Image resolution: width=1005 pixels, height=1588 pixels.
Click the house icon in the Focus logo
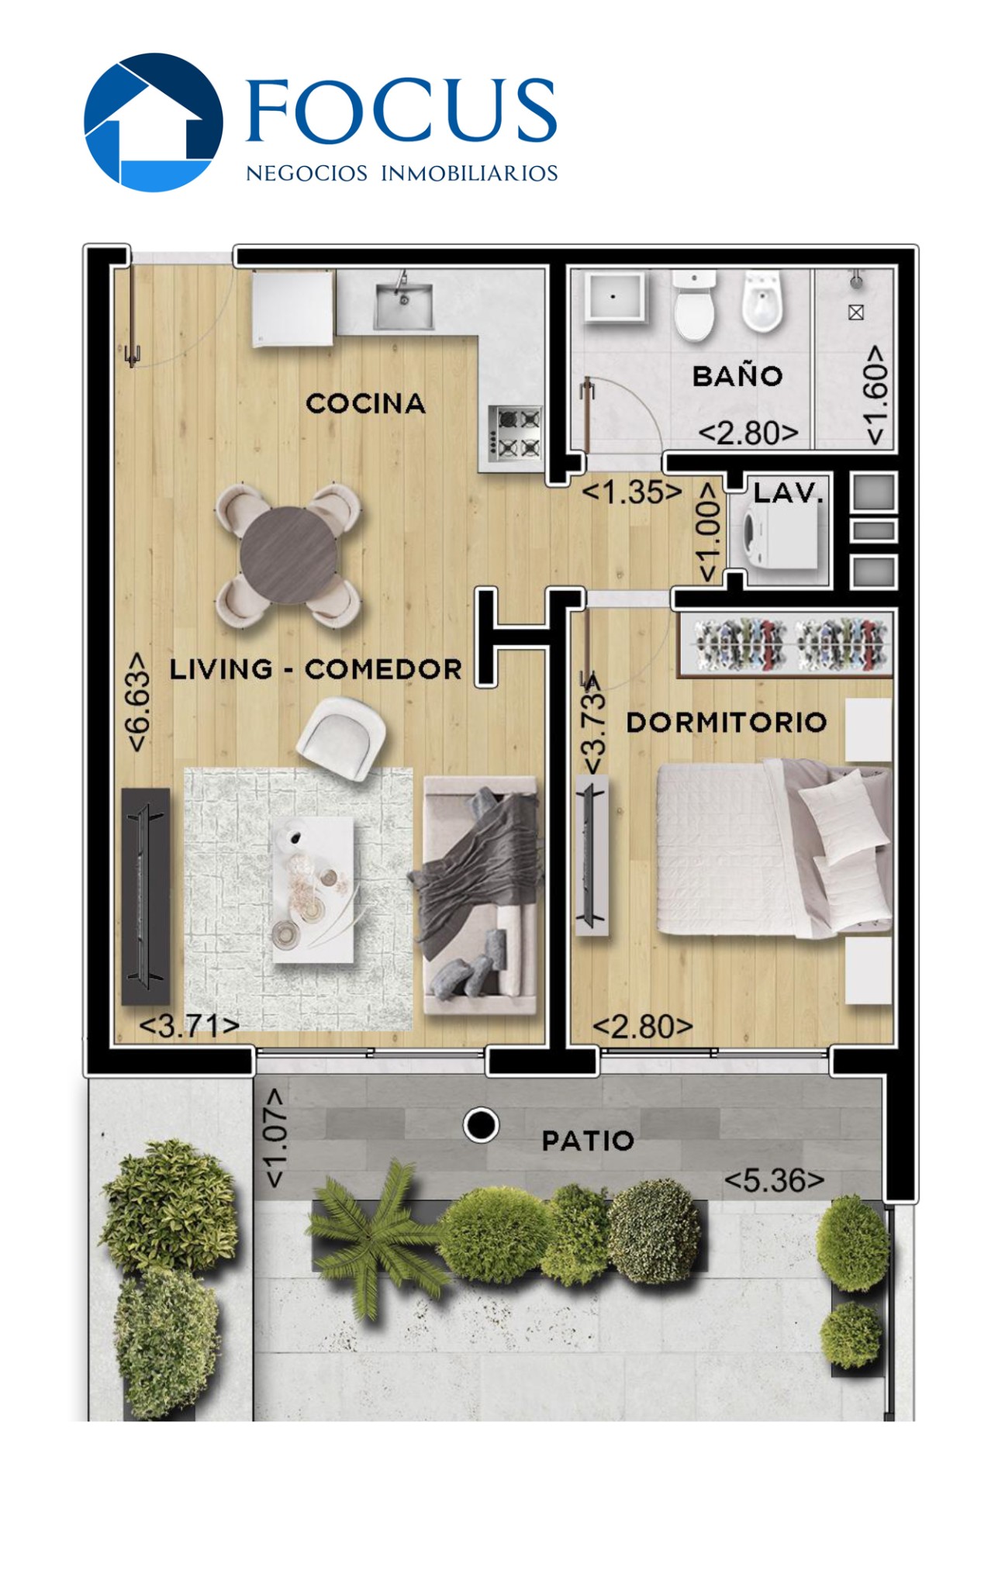coord(154,122)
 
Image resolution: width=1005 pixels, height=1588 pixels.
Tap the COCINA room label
coord(365,403)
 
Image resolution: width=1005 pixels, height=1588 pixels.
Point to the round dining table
coord(288,554)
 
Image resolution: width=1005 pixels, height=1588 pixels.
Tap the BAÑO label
coord(737,376)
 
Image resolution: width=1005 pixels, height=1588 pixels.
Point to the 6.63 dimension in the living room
coord(137,701)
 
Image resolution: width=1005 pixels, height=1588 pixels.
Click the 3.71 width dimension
coord(189,1026)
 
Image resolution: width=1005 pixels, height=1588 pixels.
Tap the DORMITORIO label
coord(727,723)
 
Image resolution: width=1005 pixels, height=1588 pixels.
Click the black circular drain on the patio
coord(481,1124)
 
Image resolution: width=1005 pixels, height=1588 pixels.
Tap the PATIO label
coord(588,1141)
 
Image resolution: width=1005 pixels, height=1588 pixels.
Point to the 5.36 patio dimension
coord(774,1180)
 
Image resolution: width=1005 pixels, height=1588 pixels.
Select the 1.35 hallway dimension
coord(632,492)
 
